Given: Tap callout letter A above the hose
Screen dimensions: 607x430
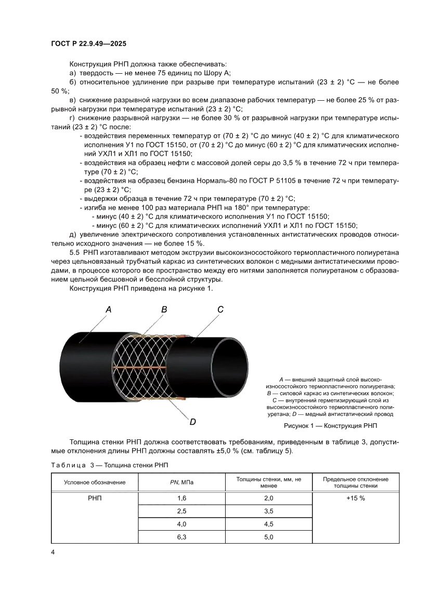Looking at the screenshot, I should (108, 309).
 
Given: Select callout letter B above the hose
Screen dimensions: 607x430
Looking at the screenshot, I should (164, 309).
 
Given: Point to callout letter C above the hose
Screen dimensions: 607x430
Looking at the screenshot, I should (220, 309).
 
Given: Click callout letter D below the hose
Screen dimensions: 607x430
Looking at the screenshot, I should (192, 422).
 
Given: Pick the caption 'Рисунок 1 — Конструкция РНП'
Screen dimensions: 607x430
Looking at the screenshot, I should (330, 426).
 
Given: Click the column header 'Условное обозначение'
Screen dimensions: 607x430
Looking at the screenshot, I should (95, 482).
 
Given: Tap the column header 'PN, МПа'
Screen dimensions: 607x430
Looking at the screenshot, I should (181, 482).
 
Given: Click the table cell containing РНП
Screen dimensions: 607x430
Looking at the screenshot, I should (95, 498).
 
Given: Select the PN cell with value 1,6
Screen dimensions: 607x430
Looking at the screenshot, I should (181, 498).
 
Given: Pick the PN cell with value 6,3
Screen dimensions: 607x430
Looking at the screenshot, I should (181, 537).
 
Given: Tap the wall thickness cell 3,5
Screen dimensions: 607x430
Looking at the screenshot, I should (268, 511).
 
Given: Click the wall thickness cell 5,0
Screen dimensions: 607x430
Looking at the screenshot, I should (268, 537).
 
